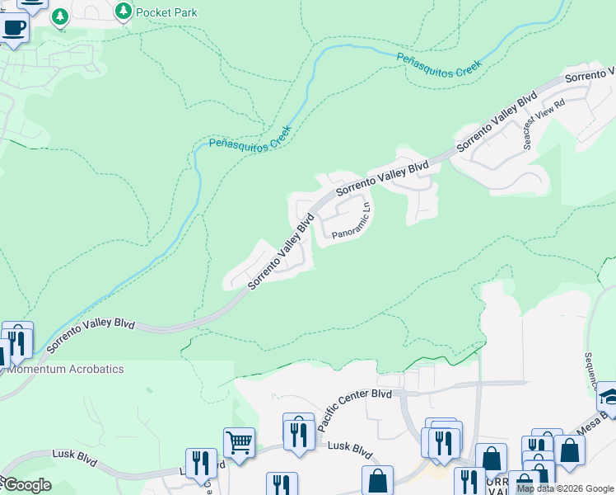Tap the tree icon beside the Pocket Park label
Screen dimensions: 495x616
pos(123,11)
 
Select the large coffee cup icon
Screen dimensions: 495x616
pos(12,29)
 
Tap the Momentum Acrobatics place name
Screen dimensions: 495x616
pos(65,369)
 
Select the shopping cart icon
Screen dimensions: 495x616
pos(239,442)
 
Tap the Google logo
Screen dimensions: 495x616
pos(27,484)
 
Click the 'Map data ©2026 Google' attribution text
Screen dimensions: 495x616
pos(565,488)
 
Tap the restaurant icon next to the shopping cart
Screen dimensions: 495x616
pos(201,463)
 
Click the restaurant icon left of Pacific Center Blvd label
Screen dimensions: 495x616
pos(298,429)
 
